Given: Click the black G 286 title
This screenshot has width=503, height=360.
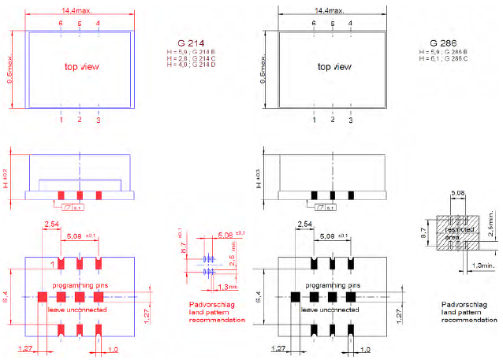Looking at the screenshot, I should (444, 42).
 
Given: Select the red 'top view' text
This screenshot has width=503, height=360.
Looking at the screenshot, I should (82, 67).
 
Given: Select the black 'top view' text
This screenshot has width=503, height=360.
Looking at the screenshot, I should (335, 67).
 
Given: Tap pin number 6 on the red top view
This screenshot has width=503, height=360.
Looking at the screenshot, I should (61, 24).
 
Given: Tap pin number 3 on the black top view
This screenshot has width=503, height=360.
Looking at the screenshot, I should (351, 120).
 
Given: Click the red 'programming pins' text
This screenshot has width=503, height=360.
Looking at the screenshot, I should (80, 284).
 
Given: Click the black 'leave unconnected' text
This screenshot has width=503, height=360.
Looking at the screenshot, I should (333, 310).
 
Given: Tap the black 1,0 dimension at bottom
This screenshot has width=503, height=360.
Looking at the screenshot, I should (366, 349).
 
